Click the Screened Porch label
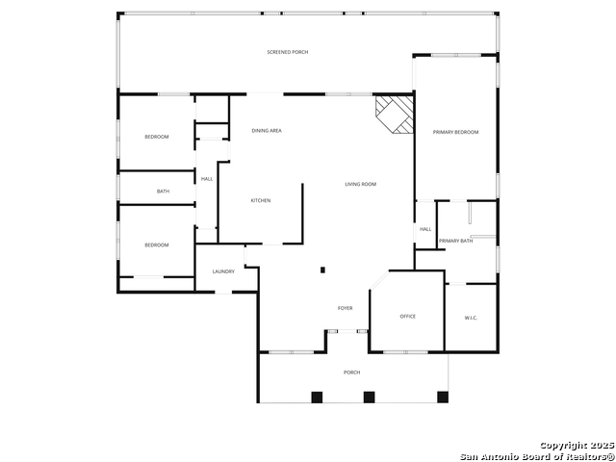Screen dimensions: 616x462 pos(288,52)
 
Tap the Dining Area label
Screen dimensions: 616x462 pos(267,131)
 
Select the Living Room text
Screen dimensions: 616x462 pos(361,184)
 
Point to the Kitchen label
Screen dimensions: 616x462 pos(261,200)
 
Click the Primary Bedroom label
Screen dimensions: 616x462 pos(455,132)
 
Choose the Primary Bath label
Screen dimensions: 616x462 pos(455,241)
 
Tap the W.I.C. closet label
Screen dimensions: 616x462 pos(471,318)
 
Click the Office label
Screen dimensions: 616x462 pos(408,317)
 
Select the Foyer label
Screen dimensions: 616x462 pos(346,308)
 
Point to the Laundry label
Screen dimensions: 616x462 pos(223,271)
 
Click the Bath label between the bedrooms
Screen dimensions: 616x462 pos(163,192)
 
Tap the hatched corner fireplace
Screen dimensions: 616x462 pos(395,114)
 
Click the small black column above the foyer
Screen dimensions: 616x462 pos(323,269)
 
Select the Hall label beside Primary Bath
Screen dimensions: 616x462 pos(425,229)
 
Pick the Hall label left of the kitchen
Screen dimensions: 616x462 pos(207,179)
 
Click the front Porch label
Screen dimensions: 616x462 pos(352,372)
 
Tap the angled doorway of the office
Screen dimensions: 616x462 pos(379,280)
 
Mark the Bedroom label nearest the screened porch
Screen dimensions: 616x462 pos(157,137)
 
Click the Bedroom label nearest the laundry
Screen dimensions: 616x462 pos(157,245)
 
